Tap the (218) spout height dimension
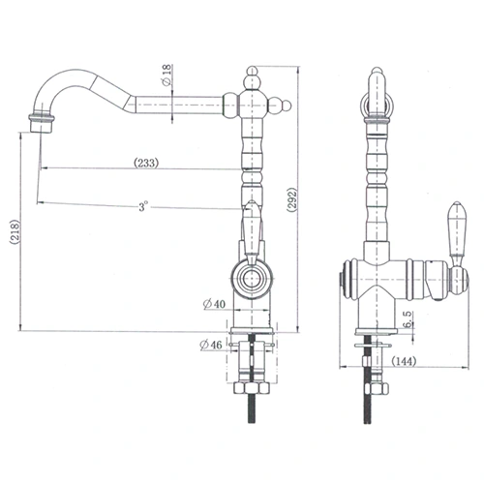(12, 232)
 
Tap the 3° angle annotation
(142, 207)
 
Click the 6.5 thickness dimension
(408, 319)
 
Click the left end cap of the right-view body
(341, 283)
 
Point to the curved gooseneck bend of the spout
(58, 92)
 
